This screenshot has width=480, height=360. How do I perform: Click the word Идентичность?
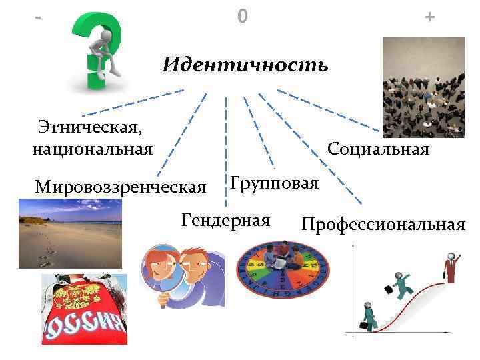click(x=245, y=65)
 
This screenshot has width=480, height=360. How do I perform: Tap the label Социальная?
click(x=378, y=149)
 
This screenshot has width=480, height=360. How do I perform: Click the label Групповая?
click(x=274, y=182)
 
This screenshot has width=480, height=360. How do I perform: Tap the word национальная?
click(x=92, y=147)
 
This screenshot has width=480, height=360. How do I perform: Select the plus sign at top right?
click(x=429, y=17)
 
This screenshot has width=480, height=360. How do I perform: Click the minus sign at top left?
click(x=36, y=16)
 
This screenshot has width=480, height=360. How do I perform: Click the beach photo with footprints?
click(x=69, y=233)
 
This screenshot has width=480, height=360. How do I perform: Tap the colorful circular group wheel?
click(x=283, y=271)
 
